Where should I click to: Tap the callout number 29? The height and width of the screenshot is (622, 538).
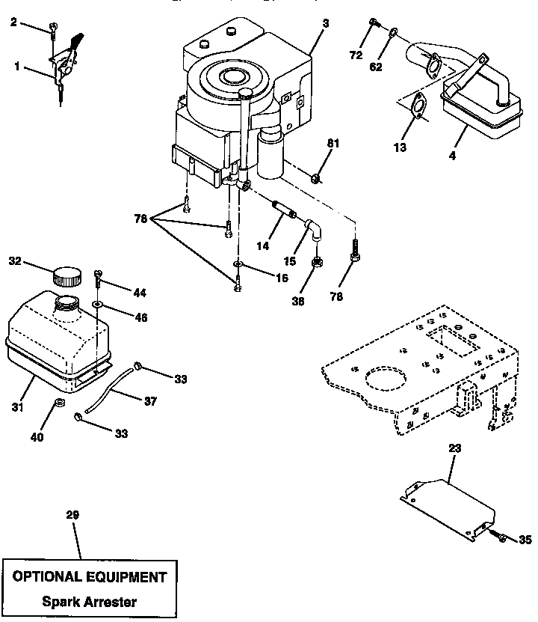click(x=72, y=515)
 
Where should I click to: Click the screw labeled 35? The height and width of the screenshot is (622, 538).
click(x=500, y=537)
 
